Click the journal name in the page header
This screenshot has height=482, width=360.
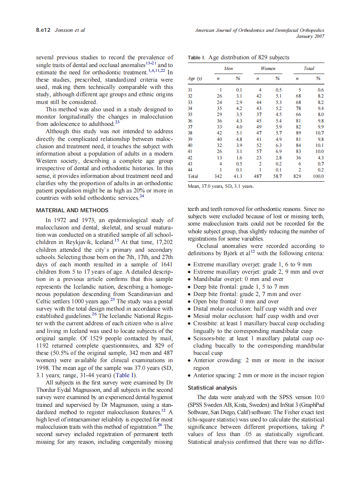[x=259, y=30]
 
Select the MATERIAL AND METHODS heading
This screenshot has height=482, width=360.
[x=72, y=210]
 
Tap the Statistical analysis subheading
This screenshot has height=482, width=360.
[x=212, y=388]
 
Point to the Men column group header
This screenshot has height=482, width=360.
[x=229, y=68]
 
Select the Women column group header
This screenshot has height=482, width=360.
[x=268, y=68]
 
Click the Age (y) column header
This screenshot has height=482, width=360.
[x=195, y=79]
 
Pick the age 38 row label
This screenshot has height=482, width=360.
[x=190, y=133]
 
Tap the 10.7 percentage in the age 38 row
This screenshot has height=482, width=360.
[x=319, y=133]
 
